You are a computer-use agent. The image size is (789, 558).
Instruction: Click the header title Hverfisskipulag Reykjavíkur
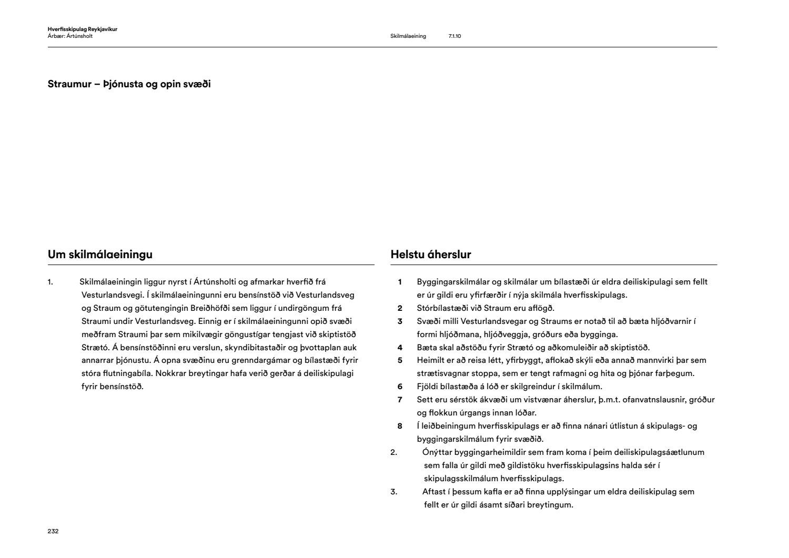click(82, 29)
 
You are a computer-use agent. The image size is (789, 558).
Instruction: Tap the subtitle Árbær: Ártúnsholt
click(70, 36)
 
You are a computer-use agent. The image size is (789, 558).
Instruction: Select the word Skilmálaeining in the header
click(408, 36)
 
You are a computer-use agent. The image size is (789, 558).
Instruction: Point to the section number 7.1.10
click(454, 36)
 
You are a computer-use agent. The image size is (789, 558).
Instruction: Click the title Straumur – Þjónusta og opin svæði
click(129, 84)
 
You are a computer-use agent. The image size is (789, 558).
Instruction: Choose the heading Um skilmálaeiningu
click(100, 255)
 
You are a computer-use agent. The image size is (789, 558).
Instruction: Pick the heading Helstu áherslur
click(431, 255)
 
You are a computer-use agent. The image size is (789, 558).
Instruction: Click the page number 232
click(53, 531)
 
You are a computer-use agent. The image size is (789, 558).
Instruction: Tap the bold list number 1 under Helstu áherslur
click(400, 282)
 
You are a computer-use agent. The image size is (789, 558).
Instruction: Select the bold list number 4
click(400, 348)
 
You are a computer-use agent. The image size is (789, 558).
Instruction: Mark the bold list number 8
click(400, 426)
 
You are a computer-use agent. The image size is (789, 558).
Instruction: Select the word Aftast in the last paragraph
click(434, 492)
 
